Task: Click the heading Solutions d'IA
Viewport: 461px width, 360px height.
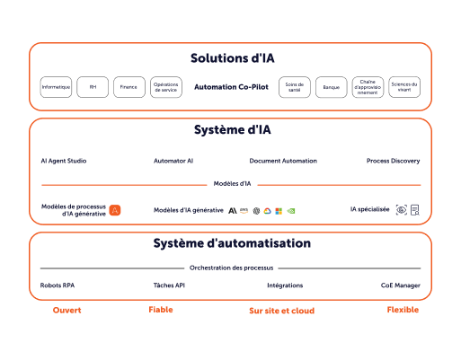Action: (232, 58)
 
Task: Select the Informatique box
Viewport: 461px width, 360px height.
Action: (57, 87)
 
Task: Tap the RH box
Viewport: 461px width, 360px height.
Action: (93, 87)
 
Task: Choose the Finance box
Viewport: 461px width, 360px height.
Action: (129, 87)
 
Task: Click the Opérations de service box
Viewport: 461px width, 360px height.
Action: (165, 87)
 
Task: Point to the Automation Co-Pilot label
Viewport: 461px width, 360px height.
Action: (232, 87)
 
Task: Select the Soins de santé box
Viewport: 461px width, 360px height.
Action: (294, 87)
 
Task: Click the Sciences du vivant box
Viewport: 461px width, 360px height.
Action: (404, 87)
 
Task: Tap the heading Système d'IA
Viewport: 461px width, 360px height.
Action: (232, 130)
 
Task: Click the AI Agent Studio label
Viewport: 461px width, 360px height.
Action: (64, 161)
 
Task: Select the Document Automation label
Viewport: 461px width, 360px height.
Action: (283, 161)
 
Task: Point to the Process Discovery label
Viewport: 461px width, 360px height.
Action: (393, 161)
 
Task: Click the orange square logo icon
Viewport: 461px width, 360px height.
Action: (115, 210)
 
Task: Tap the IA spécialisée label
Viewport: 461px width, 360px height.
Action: (369, 209)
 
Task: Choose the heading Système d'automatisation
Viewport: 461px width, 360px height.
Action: (232, 243)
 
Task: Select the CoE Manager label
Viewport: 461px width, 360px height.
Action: (400, 285)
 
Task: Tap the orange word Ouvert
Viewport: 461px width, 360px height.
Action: (66, 311)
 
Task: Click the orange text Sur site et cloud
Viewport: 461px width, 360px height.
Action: (281, 311)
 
